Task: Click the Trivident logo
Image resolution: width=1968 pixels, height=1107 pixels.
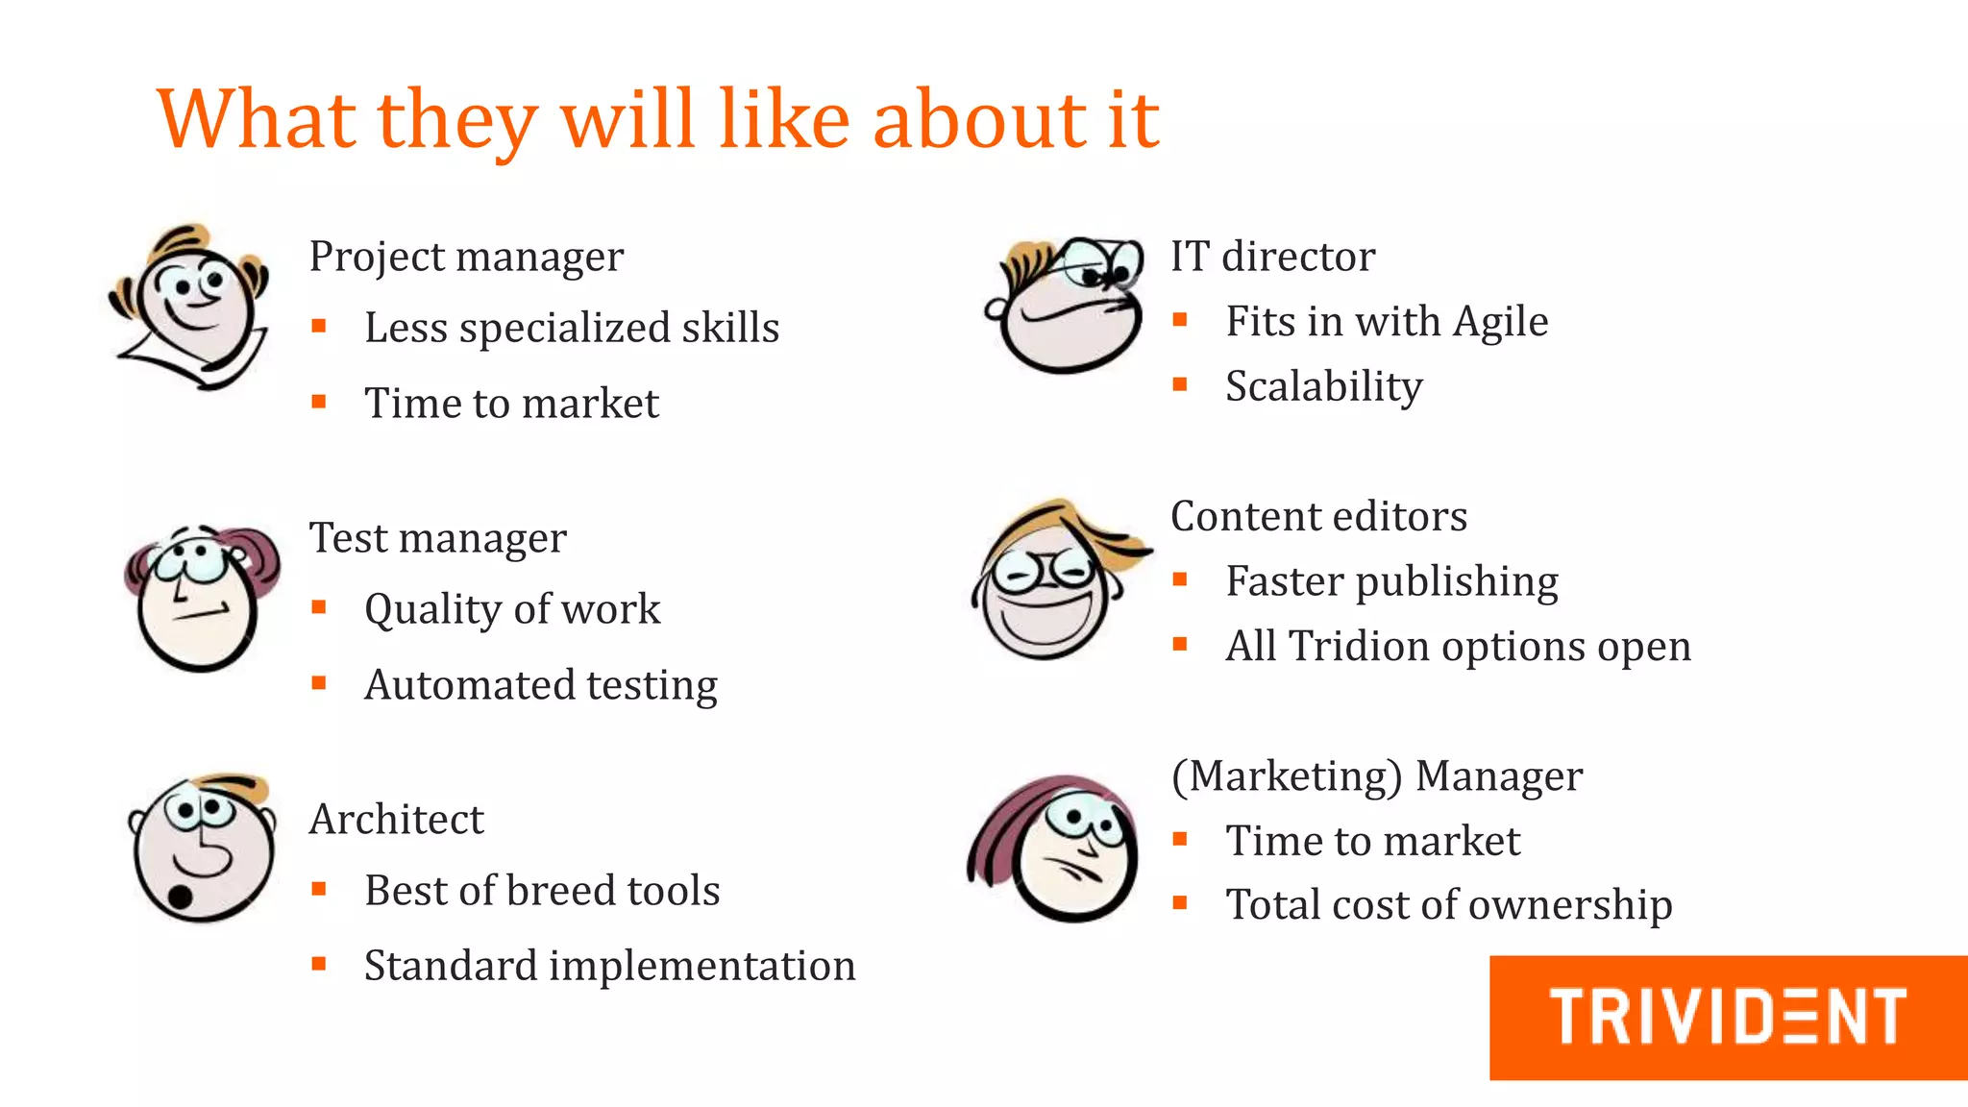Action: [x=1727, y=1017]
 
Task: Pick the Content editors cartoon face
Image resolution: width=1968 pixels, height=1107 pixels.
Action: [x=1052, y=581]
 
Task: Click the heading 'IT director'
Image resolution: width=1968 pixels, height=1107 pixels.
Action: [x=1272, y=257]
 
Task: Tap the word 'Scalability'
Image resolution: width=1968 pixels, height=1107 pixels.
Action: [x=1323, y=387]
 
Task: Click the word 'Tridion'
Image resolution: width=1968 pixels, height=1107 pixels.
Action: [x=1354, y=646]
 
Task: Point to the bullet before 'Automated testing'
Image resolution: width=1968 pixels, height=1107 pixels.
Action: [x=319, y=683]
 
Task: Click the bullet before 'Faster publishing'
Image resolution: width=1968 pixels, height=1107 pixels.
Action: [x=1180, y=579]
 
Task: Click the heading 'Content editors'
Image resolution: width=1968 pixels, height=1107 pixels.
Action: [x=1318, y=516]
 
